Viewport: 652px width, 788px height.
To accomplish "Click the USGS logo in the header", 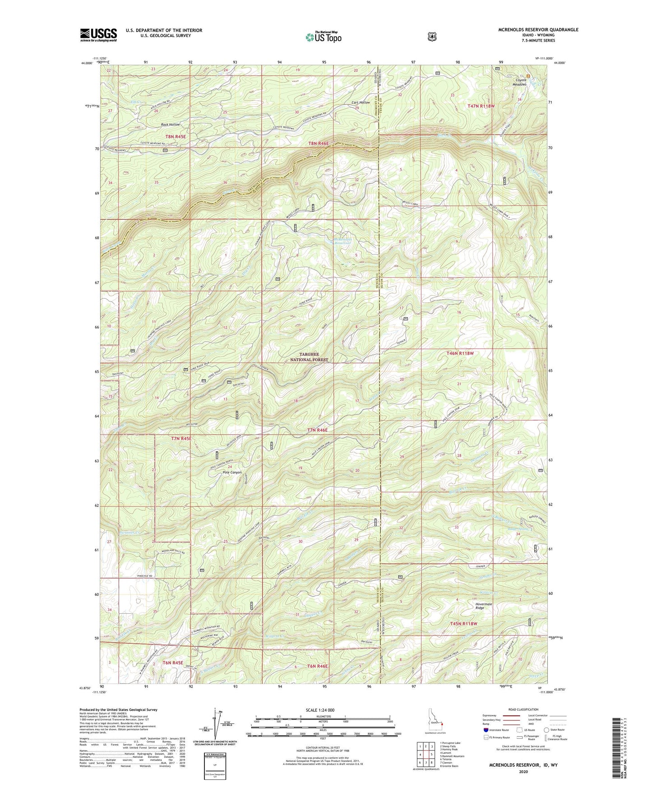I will coord(98,35).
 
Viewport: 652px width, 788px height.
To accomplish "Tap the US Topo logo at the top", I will coord(323,37).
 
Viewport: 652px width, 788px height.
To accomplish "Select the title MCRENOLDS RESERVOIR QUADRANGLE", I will coord(538,30).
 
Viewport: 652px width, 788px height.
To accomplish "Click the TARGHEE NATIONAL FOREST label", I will coord(309,357).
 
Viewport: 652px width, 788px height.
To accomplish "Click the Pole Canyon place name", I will coord(232,473).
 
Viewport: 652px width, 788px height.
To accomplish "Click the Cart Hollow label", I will coord(361,102).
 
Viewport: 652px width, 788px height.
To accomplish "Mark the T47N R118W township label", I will coord(481,106).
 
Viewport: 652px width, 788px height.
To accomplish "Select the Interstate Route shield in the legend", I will coord(486,729).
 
